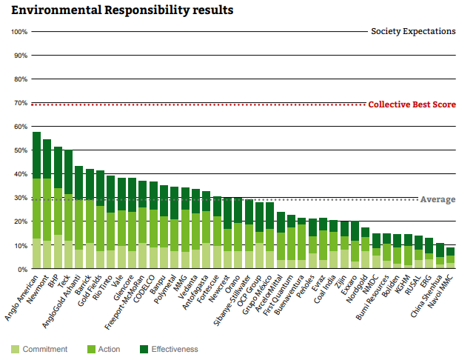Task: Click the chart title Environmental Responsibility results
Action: tap(122, 10)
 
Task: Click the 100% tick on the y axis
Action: tap(19, 32)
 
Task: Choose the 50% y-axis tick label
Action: tap(21, 150)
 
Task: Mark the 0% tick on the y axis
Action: tap(22, 269)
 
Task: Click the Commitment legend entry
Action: tap(43, 349)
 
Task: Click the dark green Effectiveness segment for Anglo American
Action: tap(36, 156)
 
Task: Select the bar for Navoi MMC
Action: tap(450, 259)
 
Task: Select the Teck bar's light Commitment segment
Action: tap(68, 255)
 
